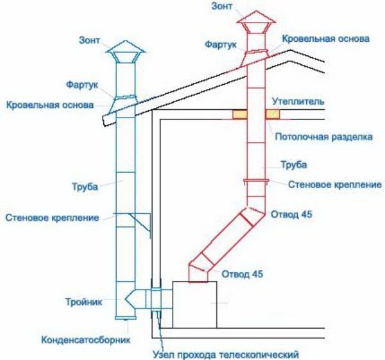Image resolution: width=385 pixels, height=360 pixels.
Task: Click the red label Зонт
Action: click(222, 6)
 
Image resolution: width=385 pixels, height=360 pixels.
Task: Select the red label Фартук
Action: click(220, 46)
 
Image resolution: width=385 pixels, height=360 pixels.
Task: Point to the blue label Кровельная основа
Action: click(51, 104)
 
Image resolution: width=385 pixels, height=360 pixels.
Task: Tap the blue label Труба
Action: click(85, 187)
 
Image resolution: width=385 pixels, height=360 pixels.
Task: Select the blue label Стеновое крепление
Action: click(51, 218)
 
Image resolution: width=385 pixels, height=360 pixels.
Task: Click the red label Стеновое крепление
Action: click(334, 185)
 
